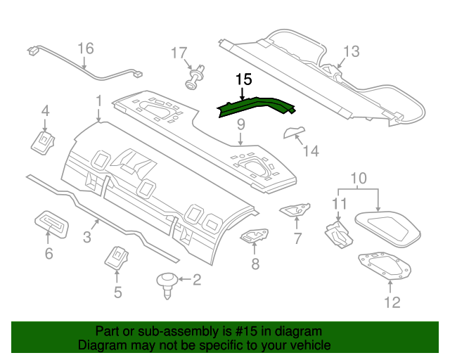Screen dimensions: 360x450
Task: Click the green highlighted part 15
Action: click(255, 105)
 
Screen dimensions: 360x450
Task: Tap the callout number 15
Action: click(243, 80)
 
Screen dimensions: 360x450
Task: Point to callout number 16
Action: click(85, 49)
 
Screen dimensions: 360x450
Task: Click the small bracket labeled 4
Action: click(44, 142)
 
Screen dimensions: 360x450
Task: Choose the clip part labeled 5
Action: click(116, 257)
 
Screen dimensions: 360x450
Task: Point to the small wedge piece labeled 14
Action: click(293, 131)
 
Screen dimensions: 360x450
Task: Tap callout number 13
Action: click(351, 51)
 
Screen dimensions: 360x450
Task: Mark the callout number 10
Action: click(359, 179)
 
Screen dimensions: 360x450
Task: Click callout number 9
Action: click(240, 124)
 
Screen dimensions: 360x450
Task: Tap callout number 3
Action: click(86, 238)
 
